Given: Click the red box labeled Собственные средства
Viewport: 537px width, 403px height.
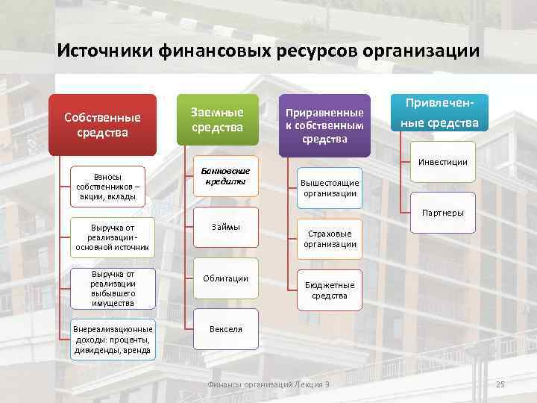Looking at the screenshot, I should coord(102,125).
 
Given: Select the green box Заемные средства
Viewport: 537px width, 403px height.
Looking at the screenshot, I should coord(217,120).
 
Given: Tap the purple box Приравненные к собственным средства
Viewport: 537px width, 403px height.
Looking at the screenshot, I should coord(324,125).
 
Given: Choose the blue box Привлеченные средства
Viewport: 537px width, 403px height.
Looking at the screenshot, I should coord(443,112).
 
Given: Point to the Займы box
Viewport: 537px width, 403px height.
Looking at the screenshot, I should coord(226,227).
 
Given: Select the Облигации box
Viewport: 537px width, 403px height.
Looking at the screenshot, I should coord(226,278).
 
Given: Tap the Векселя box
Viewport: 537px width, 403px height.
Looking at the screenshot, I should coord(226,329).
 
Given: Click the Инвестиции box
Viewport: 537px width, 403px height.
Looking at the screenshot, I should coord(443,162).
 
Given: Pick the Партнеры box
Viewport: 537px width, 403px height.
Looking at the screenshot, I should coord(443,213).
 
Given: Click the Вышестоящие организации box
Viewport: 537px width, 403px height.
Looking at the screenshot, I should coord(329,188).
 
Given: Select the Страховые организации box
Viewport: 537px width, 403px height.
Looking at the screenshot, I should coord(329,239).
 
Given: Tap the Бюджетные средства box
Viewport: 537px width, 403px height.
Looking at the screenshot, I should coord(329,290).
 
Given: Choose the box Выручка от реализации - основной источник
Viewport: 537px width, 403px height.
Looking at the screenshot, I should coord(112,237).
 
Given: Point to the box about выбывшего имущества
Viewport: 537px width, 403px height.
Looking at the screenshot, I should coord(112,288).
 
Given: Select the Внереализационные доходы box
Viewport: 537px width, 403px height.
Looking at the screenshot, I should coord(112,340).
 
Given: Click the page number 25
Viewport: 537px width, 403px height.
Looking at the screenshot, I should coord(500,384).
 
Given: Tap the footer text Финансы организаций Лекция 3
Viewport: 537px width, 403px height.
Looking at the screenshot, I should coord(268,384).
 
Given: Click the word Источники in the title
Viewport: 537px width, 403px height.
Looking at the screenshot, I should coord(105,51).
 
